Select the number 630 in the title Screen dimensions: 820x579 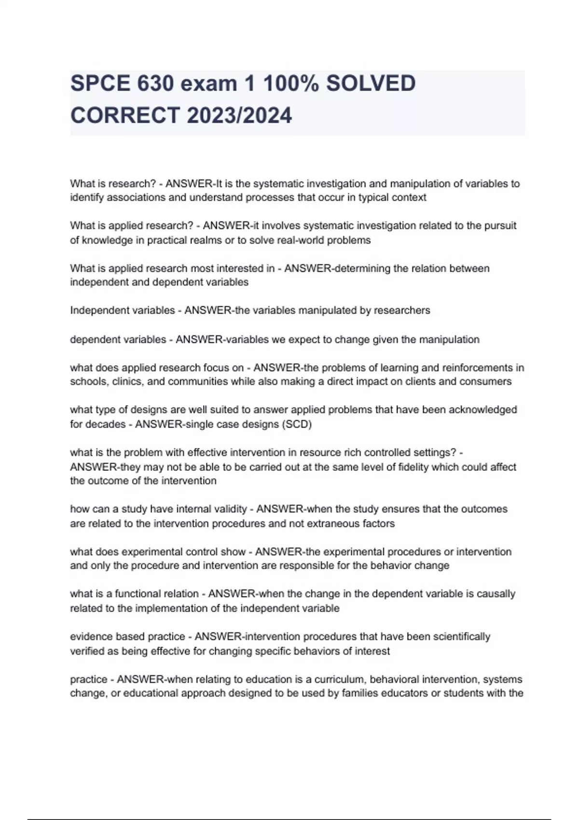pyautogui.click(x=155, y=84)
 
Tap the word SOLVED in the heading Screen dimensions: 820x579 pyautogui.click(x=371, y=84)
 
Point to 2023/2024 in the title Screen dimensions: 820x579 pyautogui.click(x=239, y=116)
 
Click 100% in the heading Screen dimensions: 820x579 pyautogui.click(x=290, y=84)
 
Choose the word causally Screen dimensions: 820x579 pyautogui.click(x=496, y=594)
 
